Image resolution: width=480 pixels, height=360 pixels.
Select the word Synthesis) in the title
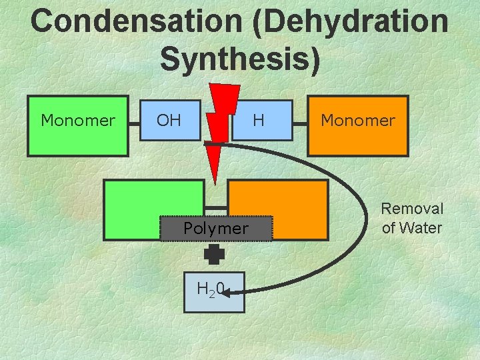click(x=240, y=59)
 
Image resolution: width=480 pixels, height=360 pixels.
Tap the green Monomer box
click(x=77, y=127)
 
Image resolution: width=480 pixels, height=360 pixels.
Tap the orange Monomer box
click(x=358, y=127)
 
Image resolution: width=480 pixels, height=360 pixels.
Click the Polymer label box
click(x=216, y=229)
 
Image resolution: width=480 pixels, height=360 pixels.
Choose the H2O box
click(x=215, y=290)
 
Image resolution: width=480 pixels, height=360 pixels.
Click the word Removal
click(x=412, y=209)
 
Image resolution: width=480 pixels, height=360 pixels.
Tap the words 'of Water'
click(x=412, y=228)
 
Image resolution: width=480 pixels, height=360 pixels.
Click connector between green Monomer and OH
click(x=134, y=121)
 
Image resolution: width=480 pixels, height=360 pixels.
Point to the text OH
click(x=169, y=121)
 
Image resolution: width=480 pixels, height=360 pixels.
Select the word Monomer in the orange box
click(x=358, y=121)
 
